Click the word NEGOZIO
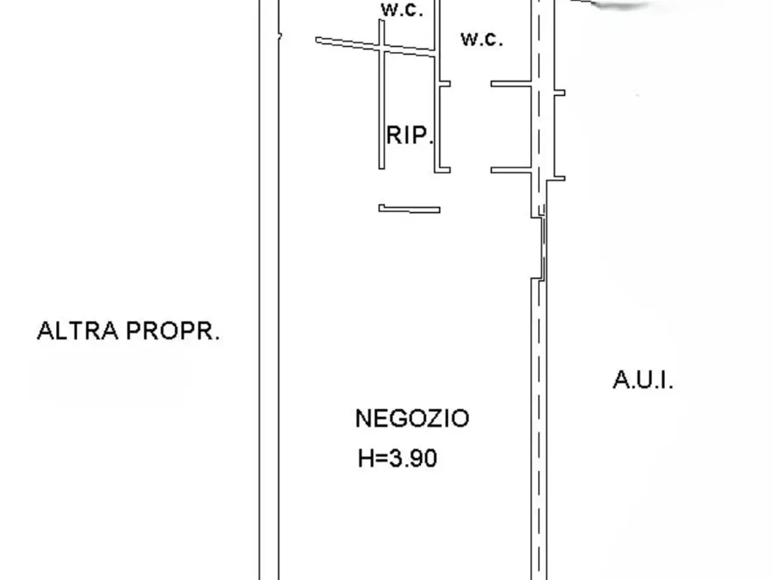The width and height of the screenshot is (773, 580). (x=412, y=418)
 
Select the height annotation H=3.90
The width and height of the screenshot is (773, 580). (x=397, y=458)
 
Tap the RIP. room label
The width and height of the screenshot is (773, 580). (x=409, y=135)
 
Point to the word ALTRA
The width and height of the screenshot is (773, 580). (x=77, y=330)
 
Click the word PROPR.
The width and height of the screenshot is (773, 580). (x=173, y=330)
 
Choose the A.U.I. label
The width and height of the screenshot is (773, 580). (x=643, y=380)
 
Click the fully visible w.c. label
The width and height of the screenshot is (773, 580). (x=482, y=39)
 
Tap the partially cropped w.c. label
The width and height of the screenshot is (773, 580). (x=402, y=10)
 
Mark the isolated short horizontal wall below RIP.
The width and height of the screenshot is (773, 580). (x=409, y=209)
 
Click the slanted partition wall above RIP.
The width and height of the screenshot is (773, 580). (x=376, y=47)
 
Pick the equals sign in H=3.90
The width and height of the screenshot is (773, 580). (x=381, y=459)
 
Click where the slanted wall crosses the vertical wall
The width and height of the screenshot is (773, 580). (x=382, y=48)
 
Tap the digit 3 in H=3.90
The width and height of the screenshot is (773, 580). (x=395, y=458)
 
